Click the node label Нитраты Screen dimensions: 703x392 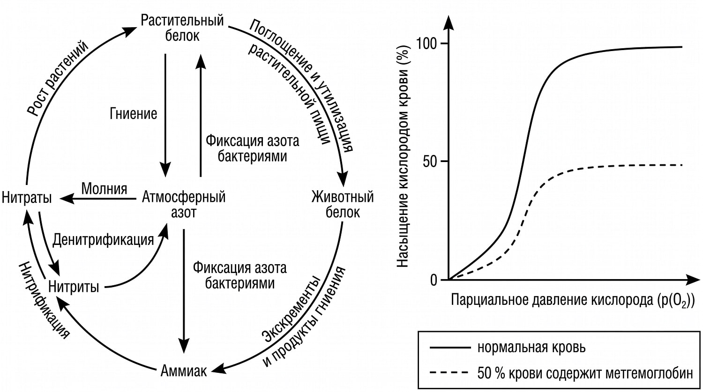click(27, 198)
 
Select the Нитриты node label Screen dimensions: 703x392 click(74, 287)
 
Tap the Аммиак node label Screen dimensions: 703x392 click(184, 371)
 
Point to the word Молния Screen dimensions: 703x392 click(104, 189)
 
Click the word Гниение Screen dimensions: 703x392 click(134, 113)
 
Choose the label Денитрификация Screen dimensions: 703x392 click(103, 240)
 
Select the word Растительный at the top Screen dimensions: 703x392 click(182, 21)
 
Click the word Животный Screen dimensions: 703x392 click(343, 197)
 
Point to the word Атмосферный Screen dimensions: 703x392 click(184, 197)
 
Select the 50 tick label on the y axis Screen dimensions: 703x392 click(430, 162)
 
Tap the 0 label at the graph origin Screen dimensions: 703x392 click(434, 280)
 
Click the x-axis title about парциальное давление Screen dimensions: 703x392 click(572, 300)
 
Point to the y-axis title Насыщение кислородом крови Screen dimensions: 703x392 click(403, 156)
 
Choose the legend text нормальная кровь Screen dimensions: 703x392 click(531, 348)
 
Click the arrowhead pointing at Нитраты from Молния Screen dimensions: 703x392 click(67, 199)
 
